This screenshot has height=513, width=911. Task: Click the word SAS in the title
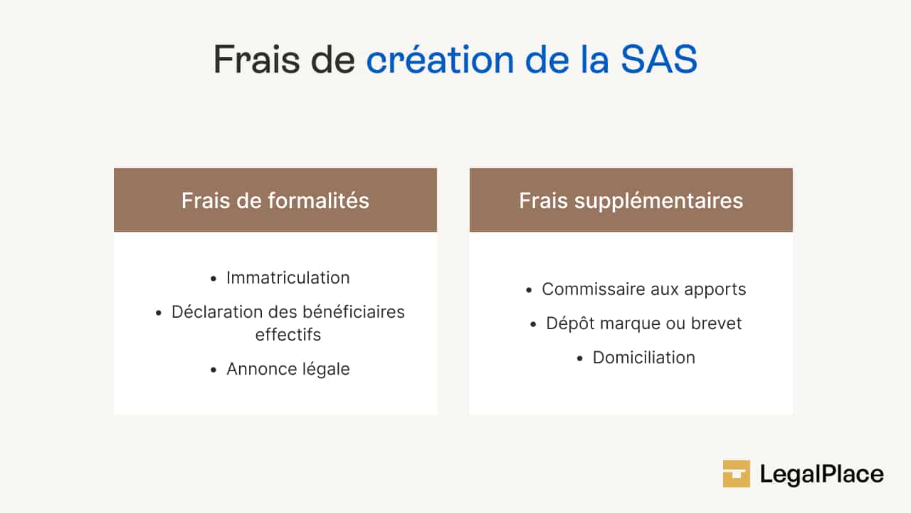(x=659, y=59)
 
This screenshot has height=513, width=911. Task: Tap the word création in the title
(x=440, y=59)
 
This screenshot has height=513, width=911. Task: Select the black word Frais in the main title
(x=257, y=59)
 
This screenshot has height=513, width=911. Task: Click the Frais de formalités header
(x=275, y=200)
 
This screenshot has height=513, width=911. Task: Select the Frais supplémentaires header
(x=631, y=201)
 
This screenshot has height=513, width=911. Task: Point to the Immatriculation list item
(x=288, y=278)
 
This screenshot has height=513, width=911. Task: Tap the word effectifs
(x=288, y=335)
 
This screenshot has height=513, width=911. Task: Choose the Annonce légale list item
(x=288, y=370)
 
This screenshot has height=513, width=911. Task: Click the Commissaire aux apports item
(x=644, y=290)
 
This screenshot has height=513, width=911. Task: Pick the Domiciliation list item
(x=644, y=358)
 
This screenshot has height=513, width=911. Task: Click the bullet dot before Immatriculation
(x=214, y=279)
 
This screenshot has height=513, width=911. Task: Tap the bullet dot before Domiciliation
(x=580, y=358)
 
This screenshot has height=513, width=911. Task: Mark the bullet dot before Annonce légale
(x=214, y=370)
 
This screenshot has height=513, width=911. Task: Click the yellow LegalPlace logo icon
(x=736, y=474)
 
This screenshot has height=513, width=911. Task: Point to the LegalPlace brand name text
(x=821, y=475)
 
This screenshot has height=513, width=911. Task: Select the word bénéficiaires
(x=354, y=312)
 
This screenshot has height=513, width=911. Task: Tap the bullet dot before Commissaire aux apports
(x=529, y=290)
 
